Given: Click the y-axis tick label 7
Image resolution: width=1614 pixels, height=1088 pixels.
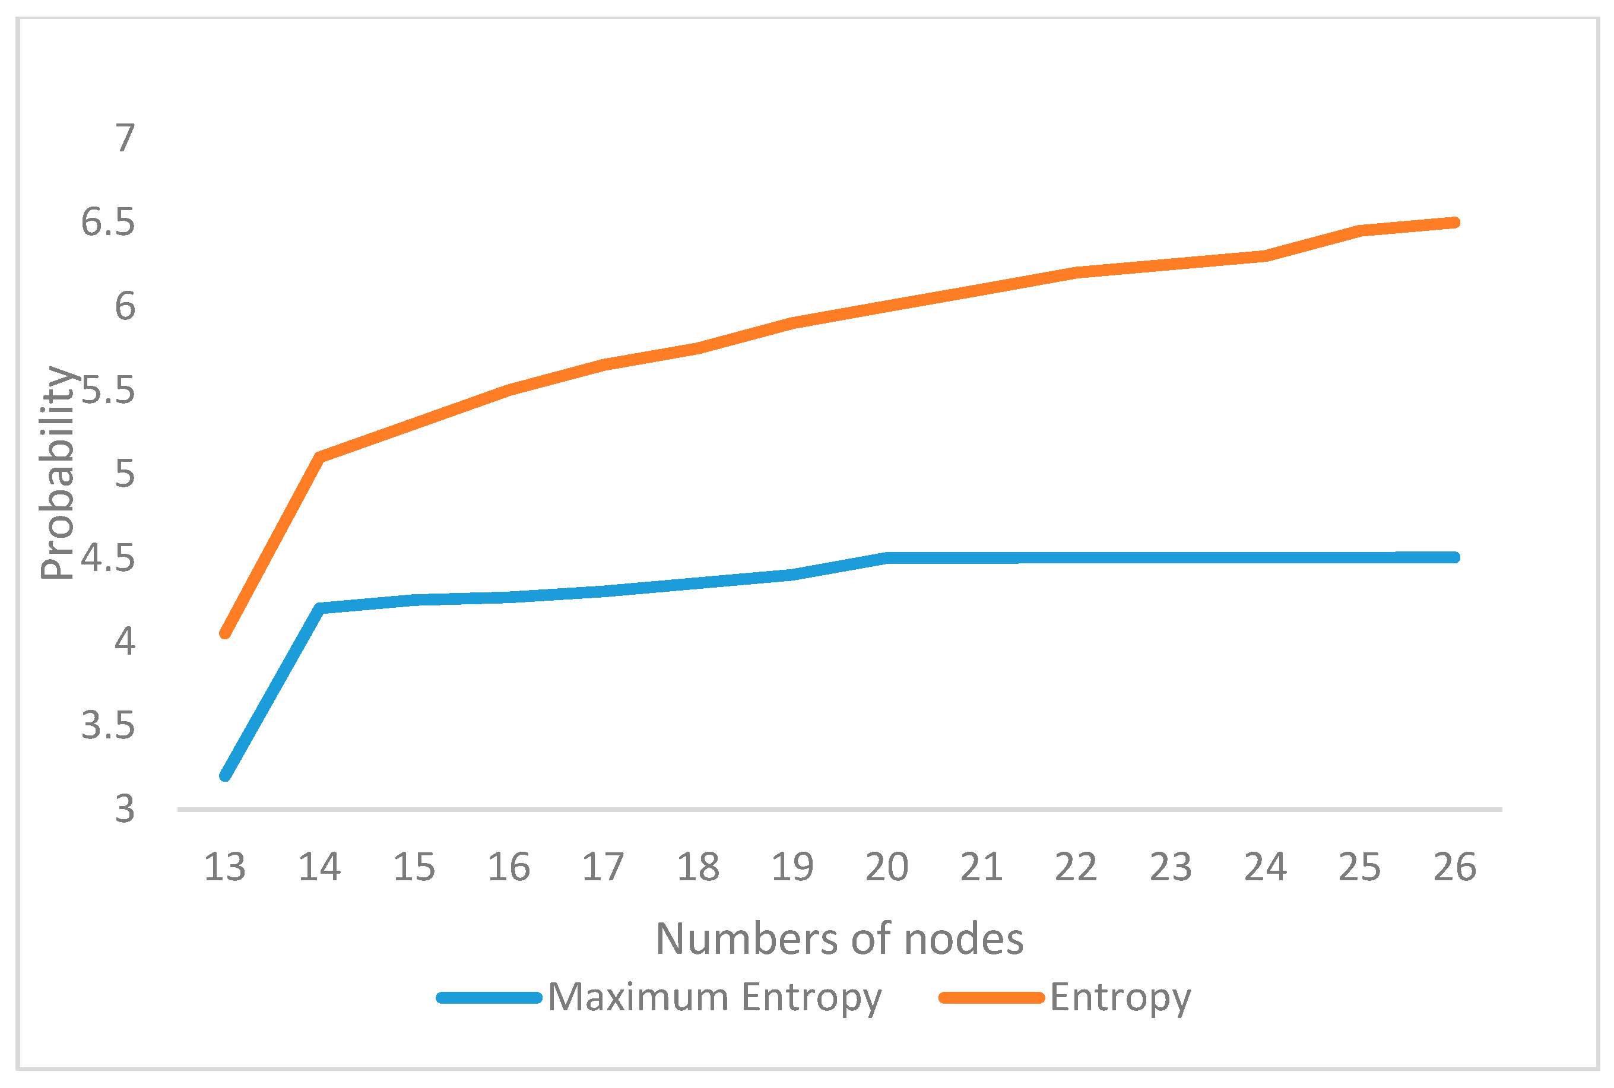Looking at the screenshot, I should point(125,138).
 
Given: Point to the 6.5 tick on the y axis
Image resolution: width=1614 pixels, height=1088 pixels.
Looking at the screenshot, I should point(107,222).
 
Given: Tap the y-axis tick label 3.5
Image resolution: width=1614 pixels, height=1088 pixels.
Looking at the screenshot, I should point(107,725).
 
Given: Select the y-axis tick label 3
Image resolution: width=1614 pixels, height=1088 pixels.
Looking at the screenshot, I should point(125,809).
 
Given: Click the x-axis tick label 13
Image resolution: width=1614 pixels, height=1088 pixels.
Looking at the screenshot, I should point(225,867).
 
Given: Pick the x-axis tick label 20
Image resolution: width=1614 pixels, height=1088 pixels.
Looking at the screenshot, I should point(887,867).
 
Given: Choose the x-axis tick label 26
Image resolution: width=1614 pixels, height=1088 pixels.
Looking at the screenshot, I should point(1455,867).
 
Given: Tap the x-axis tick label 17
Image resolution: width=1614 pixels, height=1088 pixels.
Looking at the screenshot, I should point(603,867).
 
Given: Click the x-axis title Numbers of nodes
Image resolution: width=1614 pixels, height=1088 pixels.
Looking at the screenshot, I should point(839,940).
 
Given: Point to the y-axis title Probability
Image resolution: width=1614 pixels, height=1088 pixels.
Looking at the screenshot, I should point(57,472).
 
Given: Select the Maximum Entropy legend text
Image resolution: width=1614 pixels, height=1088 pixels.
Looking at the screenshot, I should point(715,998).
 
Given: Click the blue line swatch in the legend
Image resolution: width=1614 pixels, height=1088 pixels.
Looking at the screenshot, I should point(489,998).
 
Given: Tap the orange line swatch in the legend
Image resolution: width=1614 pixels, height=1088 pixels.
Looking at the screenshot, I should point(991,998).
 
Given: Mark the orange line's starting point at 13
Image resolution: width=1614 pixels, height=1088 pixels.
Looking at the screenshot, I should point(225,633).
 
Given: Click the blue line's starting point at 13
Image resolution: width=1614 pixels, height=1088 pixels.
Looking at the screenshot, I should point(225,776).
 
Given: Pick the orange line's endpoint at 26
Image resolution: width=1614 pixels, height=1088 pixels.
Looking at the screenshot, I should point(1455,223).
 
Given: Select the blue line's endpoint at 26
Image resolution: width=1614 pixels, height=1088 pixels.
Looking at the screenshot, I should point(1455,557).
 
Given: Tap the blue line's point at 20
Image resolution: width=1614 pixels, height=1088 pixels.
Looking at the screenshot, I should point(887,558).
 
